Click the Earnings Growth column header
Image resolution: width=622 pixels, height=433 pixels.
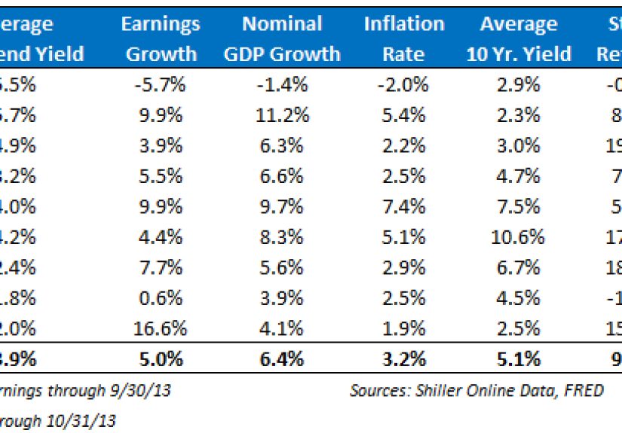click(x=161, y=39)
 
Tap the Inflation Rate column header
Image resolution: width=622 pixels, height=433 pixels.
click(x=404, y=39)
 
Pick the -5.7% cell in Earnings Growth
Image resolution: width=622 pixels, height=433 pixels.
click(x=161, y=84)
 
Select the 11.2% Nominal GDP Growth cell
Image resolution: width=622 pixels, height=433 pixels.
click(x=283, y=115)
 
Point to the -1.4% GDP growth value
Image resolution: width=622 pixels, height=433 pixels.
click(x=283, y=84)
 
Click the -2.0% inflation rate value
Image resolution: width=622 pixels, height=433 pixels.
click(x=404, y=84)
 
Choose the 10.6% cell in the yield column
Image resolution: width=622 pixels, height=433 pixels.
click(x=519, y=237)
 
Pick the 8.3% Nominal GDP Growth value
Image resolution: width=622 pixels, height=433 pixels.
click(x=283, y=237)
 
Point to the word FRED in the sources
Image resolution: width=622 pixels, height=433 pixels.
click(x=586, y=391)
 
